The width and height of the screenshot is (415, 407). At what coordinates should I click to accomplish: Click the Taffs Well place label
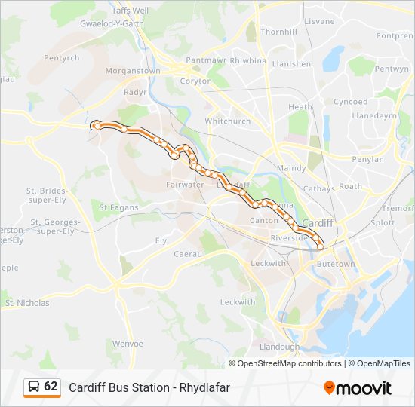coord(131,11)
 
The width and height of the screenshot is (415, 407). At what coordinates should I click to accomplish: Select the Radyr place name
coord(135,93)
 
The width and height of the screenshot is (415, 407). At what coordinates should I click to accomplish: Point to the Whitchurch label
coord(227,121)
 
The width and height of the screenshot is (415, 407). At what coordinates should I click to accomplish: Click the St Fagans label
coord(119,207)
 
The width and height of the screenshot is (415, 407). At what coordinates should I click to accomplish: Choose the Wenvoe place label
coord(127,344)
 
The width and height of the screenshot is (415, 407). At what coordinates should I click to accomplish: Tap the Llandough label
coord(279,347)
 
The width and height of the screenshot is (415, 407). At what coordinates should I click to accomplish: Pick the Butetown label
coord(335,264)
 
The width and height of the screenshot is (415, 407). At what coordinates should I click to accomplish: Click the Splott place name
coord(383,223)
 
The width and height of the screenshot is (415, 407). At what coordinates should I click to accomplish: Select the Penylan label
coord(368,159)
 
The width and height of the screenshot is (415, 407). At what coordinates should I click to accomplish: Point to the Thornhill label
coord(278,32)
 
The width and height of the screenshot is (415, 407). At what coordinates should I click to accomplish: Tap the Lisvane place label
coord(319,21)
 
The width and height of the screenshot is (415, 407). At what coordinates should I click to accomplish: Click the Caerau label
coord(189,255)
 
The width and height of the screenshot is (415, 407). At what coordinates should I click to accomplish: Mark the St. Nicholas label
coord(27,303)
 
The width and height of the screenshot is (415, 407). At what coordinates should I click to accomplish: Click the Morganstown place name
coord(133,71)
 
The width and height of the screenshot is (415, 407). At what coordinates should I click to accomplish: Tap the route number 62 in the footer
coord(51,387)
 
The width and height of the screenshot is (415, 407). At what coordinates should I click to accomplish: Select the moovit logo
coord(358,388)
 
